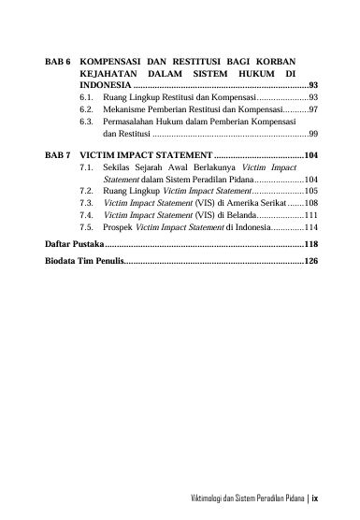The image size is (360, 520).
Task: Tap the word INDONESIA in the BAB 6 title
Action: [x=105, y=84]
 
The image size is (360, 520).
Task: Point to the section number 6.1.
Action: [x=87, y=97]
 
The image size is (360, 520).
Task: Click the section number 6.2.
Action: [x=87, y=109]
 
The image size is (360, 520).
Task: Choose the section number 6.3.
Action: [x=87, y=122]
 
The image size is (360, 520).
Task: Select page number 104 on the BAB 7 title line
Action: [x=312, y=154]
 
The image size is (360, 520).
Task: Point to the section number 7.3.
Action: [x=87, y=201]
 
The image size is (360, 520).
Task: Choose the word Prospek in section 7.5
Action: [x=119, y=226]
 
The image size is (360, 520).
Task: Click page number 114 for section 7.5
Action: [x=311, y=226]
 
